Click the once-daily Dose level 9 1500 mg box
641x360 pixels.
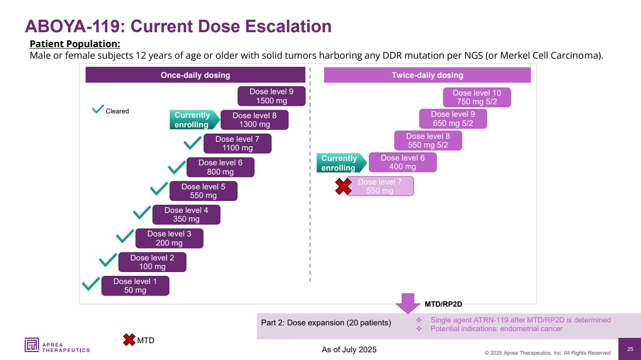tap(272, 96)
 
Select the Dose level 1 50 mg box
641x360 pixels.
tap(135, 286)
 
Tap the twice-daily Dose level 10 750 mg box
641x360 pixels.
tap(477, 98)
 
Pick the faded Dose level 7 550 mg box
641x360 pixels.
tap(380, 186)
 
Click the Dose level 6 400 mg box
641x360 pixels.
tap(402, 162)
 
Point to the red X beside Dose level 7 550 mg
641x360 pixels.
tap(343, 186)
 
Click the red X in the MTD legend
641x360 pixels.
tap(129, 340)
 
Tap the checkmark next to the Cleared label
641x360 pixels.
tap(98, 110)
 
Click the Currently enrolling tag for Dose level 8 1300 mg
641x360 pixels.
tap(192, 120)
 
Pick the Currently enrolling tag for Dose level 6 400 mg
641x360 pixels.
tap(339, 163)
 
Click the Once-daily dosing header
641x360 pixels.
tap(195, 75)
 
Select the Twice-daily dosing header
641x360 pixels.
tap(427, 75)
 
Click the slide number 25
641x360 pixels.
tap(630, 349)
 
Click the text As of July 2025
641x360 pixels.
tap(349, 350)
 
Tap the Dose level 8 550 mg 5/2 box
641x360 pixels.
tap(427, 141)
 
